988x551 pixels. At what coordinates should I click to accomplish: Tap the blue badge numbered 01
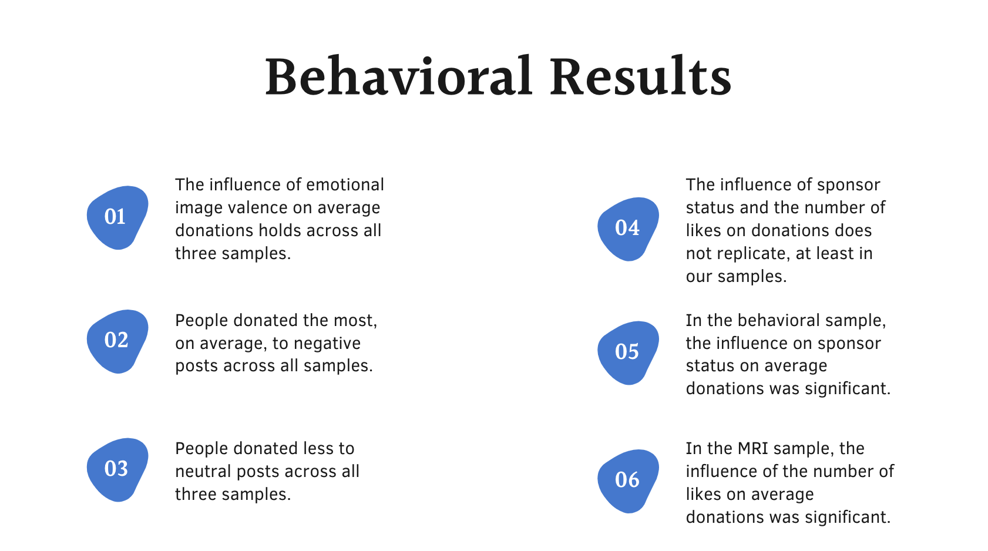[x=117, y=217]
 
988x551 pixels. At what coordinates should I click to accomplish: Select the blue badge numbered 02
[x=117, y=341]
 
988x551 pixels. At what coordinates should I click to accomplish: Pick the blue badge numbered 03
[x=117, y=470]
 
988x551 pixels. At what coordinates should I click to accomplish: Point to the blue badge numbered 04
[x=628, y=229]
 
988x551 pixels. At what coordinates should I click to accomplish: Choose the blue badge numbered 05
[x=628, y=353]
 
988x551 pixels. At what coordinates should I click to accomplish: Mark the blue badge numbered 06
[x=628, y=481]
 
